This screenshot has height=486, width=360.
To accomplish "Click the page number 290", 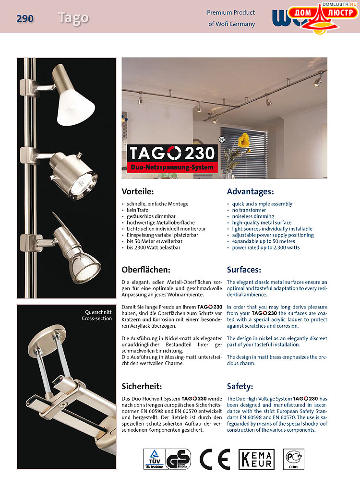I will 25,19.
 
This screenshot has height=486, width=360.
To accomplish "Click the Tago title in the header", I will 73,18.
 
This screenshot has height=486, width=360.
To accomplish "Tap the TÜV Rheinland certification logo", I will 154,459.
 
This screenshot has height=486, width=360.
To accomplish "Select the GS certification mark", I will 178,459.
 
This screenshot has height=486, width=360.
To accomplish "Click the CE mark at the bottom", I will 215,459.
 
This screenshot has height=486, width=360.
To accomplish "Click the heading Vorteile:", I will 138,191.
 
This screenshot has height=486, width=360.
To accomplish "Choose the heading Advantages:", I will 250,191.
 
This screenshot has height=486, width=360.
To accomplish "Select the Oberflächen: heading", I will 146,270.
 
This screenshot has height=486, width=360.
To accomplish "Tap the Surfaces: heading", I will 244,270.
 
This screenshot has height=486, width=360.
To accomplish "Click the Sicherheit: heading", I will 142,386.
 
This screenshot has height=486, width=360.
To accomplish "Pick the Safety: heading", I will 240,386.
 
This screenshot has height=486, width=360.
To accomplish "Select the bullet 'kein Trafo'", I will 138,210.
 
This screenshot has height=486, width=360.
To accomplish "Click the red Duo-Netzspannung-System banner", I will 172,167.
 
